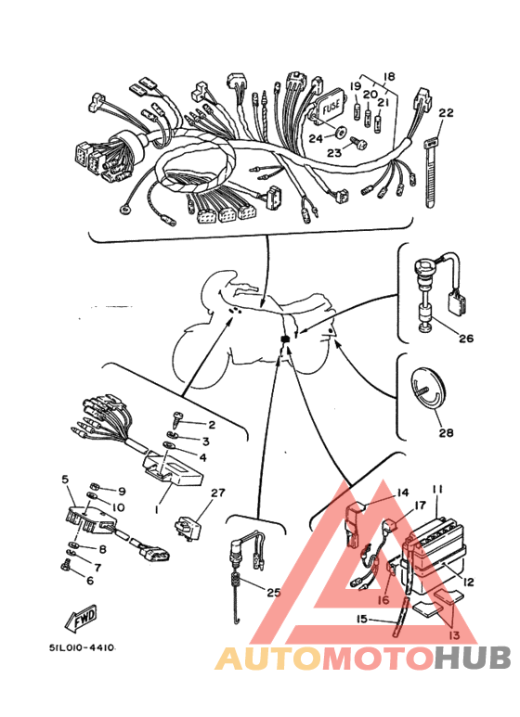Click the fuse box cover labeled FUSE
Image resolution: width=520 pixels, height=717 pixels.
330,106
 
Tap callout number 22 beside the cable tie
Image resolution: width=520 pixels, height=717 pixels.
446,112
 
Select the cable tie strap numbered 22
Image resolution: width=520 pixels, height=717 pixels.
431,173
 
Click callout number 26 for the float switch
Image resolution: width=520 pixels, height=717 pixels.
466,339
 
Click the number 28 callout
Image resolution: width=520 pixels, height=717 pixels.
447,431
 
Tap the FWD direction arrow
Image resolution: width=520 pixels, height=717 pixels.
83,617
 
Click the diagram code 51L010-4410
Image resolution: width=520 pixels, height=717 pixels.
83,647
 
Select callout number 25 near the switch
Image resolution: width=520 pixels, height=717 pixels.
274,593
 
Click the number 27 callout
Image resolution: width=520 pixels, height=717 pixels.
218,493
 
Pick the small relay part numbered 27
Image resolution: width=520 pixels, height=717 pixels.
189,527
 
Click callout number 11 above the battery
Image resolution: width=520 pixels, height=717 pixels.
437,489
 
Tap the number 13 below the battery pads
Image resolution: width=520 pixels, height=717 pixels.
455,634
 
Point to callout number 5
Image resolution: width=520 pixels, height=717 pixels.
65,480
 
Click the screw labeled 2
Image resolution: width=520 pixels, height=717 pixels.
177,418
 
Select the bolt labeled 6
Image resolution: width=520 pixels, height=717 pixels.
65,567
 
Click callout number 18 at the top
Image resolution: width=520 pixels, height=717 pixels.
389,76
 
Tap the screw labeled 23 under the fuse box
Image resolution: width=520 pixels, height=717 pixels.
358,143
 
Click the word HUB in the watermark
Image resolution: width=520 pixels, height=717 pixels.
472,658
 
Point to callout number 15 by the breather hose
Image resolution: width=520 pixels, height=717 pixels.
361,619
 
